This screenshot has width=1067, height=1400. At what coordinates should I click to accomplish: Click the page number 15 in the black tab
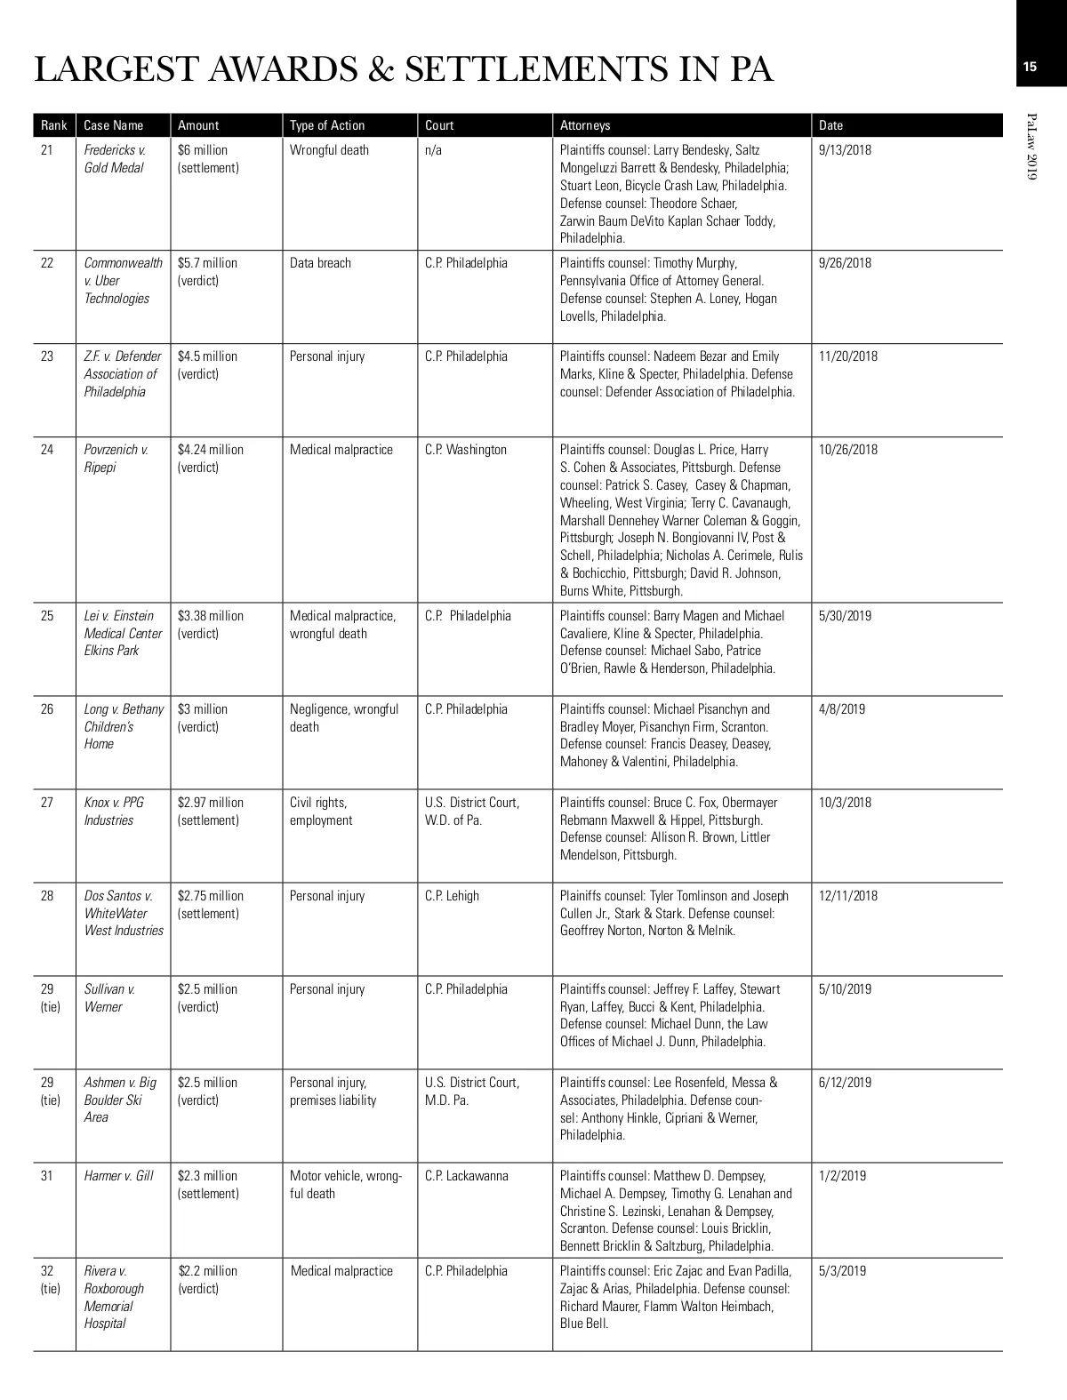point(1030,67)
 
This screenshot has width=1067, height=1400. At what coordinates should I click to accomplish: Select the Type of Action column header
point(327,125)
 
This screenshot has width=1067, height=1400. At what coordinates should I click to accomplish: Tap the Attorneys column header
point(585,125)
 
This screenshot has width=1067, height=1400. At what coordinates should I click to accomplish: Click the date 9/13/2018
point(845,150)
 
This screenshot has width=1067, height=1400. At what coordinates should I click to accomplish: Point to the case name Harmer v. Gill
point(118,1176)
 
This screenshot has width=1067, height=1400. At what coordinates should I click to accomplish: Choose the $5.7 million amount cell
point(207,271)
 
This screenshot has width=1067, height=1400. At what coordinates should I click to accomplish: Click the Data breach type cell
point(320,263)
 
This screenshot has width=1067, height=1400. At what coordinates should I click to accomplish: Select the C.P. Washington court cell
point(466,450)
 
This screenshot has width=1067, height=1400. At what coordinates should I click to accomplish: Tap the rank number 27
point(47,803)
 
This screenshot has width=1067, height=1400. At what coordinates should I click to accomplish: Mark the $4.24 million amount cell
point(210,458)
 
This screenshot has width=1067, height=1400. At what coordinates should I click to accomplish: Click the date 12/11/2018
point(847,896)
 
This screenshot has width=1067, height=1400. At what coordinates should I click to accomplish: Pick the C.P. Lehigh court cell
point(452,896)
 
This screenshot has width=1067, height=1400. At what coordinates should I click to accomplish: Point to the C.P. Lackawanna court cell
point(467,1176)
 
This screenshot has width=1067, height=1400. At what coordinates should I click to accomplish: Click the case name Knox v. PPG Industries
point(114,811)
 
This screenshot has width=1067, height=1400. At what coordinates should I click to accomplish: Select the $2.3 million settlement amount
point(208,1184)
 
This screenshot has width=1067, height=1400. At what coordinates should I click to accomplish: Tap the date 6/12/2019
point(845,1083)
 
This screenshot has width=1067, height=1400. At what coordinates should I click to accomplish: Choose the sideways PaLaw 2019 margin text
point(1031,148)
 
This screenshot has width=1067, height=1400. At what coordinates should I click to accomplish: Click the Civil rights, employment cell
point(320,811)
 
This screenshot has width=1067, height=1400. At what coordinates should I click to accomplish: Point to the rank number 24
point(47,450)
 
